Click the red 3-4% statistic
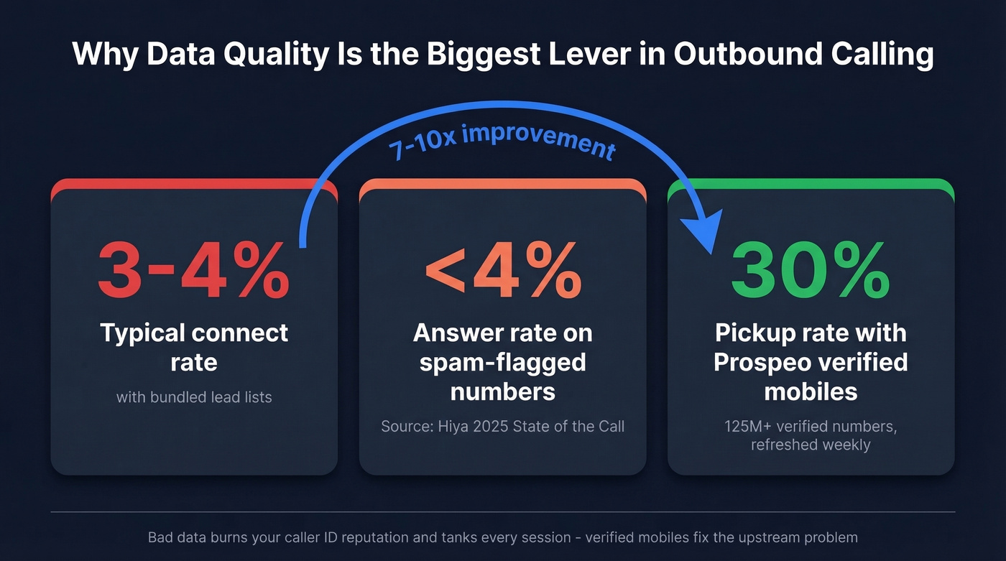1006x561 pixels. click(x=193, y=270)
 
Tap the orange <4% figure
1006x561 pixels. click(x=503, y=270)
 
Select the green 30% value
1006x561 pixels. click(x=811, y=270)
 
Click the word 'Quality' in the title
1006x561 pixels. click(x=276, y=55)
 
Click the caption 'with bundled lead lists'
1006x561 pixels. click(x=194, y=397)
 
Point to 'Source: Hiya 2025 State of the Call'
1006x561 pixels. click(x=502, y=426)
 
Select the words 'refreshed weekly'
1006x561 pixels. click(x=811, y=445)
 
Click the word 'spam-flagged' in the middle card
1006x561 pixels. click(x=502, y=363)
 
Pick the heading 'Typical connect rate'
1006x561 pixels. click(x=194, y=348)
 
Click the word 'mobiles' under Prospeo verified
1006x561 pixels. click(x=811, y=391)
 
